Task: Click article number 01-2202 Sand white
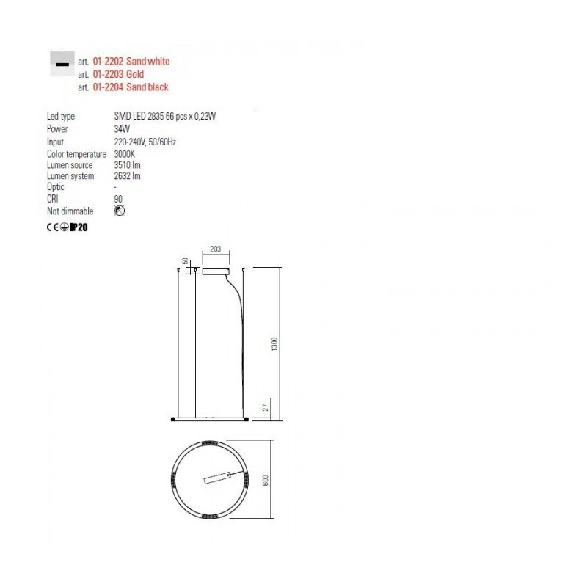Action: tap(131, 62)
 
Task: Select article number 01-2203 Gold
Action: tap(118, 74)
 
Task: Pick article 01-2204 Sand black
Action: tap(131, 87)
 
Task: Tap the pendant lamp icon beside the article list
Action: tap(62, 64)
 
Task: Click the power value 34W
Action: tap(122, 129)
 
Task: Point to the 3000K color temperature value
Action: tap(124, 154)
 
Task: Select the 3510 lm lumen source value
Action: tap(127, 164)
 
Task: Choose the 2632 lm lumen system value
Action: tap(127, 176)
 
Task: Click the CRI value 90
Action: tap(118, 199)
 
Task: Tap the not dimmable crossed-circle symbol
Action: tap(120, 211)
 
